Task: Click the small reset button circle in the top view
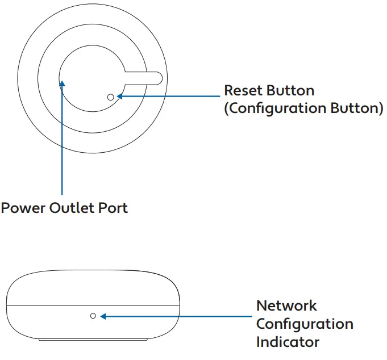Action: coord(110,97)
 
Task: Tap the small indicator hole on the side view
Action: coord(93,315)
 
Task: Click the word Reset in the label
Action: coord(243,90)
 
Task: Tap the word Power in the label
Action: coord(23,208)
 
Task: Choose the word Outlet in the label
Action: coord(74,208)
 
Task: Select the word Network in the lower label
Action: coord(286,305)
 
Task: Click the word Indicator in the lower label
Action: coord(287,342)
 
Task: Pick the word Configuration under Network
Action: coord(305,324)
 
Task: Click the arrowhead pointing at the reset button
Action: coord(120,97)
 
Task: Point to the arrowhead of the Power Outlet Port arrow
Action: coord(62,83)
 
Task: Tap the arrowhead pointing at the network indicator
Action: coord(102,315)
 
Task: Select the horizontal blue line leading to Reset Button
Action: coord(170,97)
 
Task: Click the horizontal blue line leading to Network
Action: coord(176,315)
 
